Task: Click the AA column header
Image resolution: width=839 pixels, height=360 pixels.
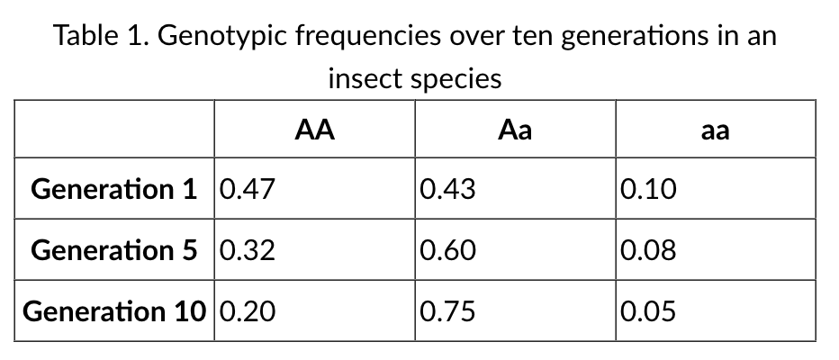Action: (315, 130)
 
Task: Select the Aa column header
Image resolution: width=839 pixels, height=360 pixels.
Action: (515, 130)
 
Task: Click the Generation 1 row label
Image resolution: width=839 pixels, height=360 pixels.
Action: (113, 189)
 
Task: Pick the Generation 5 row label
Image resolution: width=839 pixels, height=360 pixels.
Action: (113, 250)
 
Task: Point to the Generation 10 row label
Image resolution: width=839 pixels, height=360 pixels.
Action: (113, 311)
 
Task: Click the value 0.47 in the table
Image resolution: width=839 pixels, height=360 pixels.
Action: (247, 189)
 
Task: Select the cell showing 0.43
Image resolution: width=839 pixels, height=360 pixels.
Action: (447, 189)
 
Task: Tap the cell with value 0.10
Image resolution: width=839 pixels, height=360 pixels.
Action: (647, 189)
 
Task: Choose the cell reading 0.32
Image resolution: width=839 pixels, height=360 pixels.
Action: (247, 250)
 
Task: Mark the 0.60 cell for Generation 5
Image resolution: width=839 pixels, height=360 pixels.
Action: (447, 250)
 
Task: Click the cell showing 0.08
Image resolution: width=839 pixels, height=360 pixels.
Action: (647, 250)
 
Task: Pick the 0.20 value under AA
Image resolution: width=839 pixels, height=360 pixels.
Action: (247, 311)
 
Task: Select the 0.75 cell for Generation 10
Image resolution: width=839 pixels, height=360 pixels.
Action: (447, 311)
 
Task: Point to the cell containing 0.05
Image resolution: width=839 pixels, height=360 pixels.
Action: (647, 311)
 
